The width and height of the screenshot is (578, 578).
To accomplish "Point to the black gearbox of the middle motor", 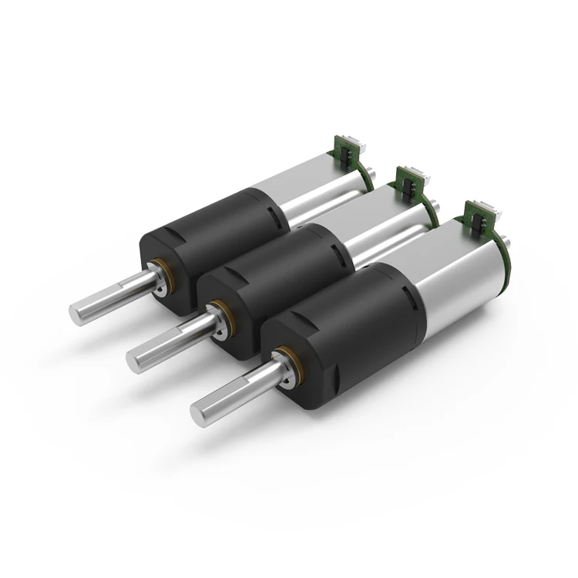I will [x=277, y=277].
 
